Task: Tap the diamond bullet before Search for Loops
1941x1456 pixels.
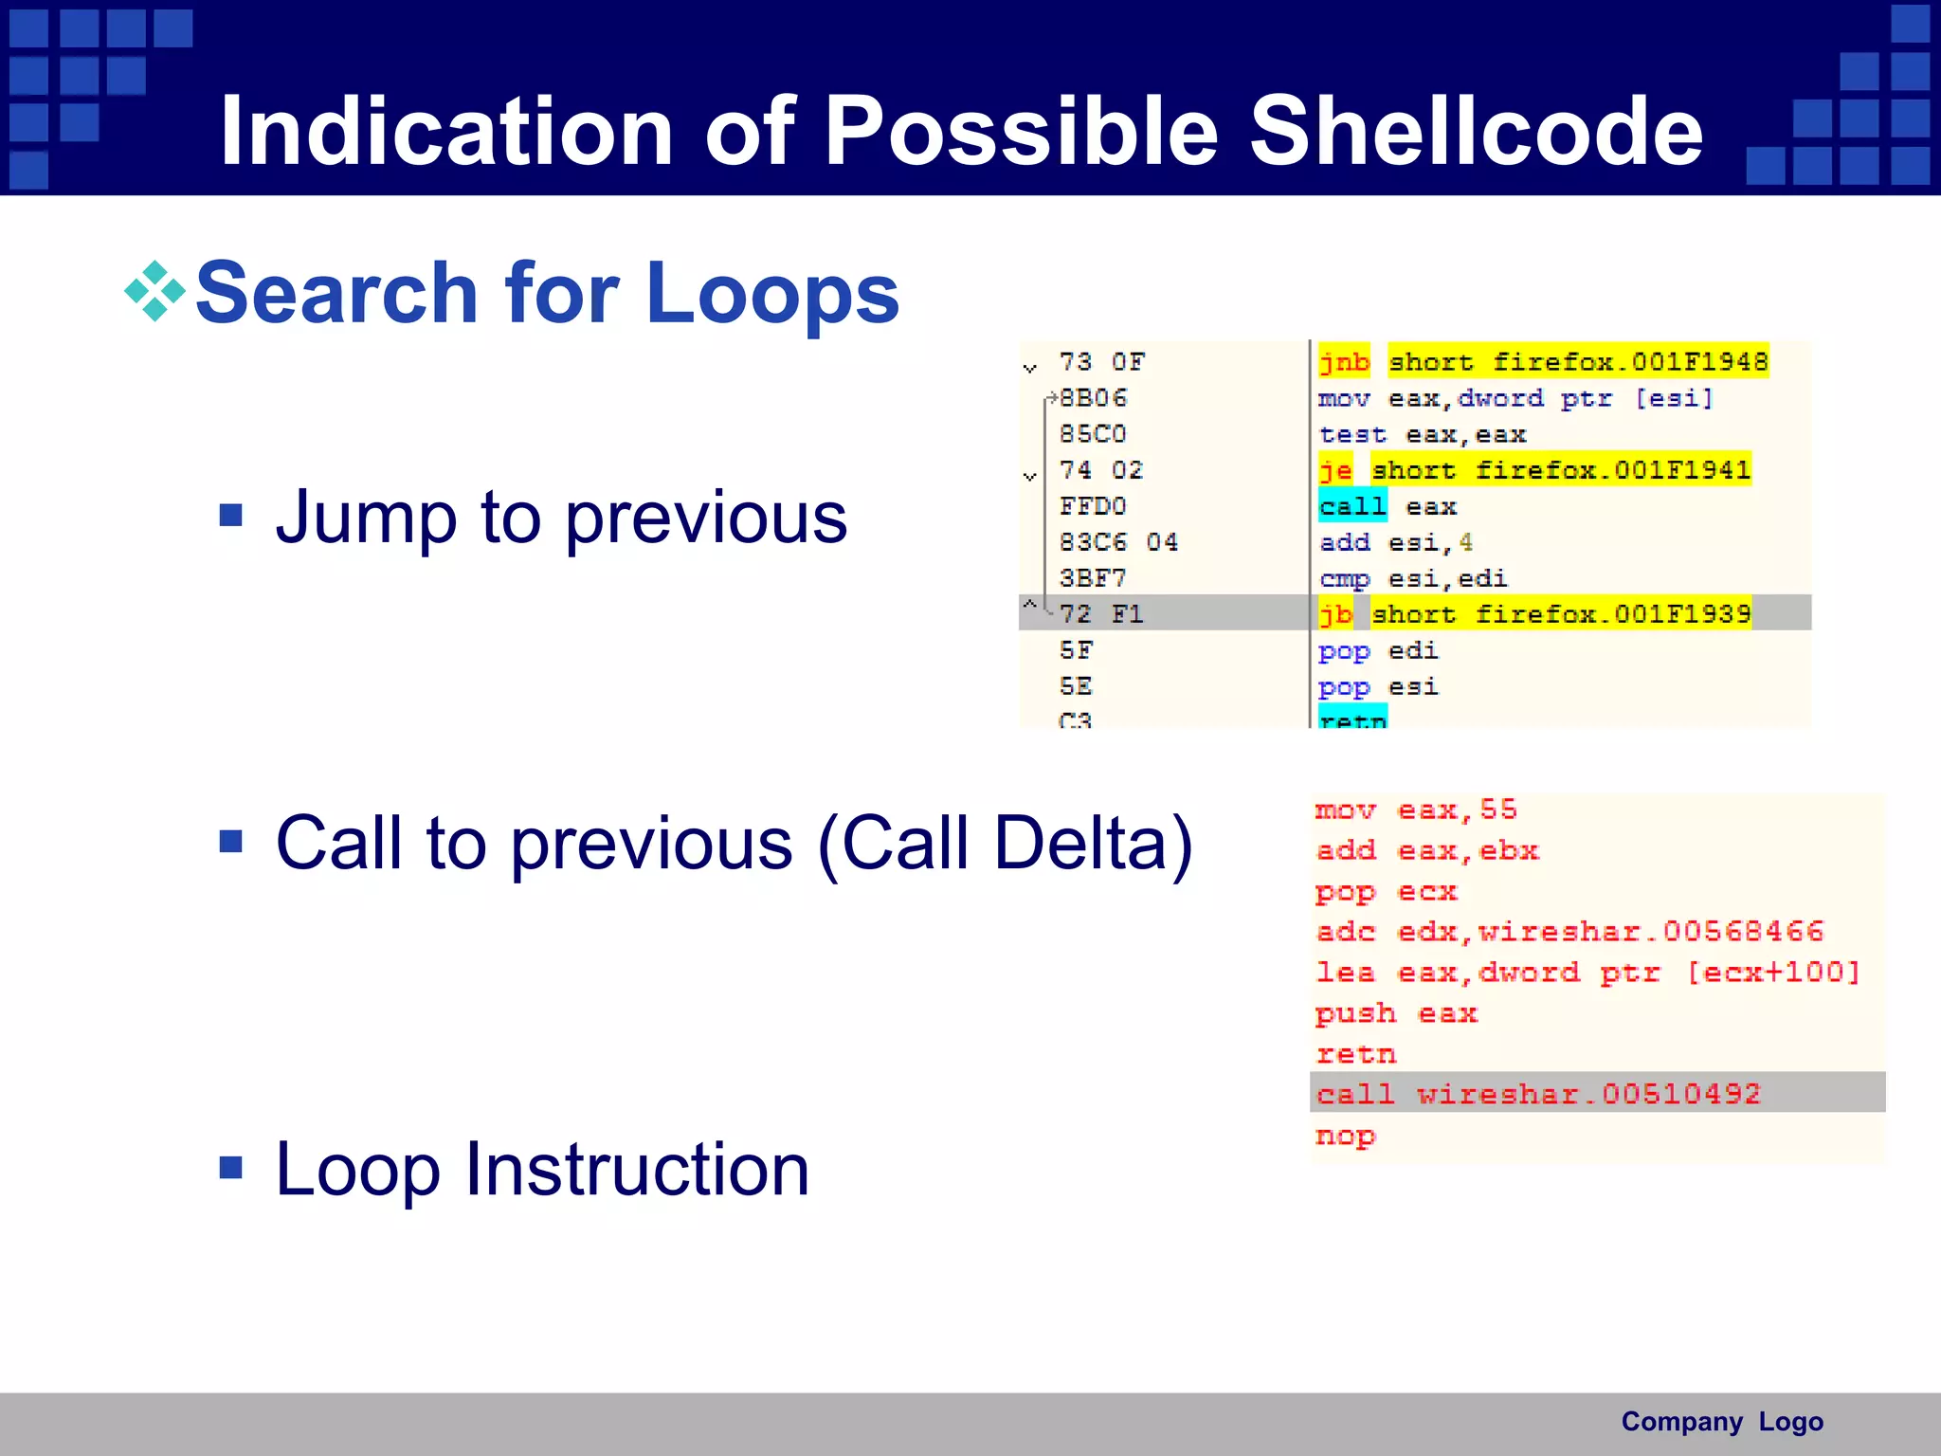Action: pos(154,291)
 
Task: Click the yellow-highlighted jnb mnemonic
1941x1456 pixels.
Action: pos(1344,362)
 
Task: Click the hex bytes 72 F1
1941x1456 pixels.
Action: pos(1100,614)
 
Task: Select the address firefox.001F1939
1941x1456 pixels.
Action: pos(1612,614)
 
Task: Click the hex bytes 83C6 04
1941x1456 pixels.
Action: pos(1117,542)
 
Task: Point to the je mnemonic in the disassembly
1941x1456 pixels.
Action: pos(1335,470)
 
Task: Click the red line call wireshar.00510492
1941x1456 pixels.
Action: pos(1537,1094)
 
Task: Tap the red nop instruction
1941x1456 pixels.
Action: pos(1345,1136)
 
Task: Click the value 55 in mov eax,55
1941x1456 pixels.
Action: pos(1498,810)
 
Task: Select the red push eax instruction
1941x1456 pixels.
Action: pos(1395,1013)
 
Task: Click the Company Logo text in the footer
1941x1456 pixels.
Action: pos(1721,1422)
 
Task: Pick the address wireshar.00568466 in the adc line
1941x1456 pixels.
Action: pos(1650,932)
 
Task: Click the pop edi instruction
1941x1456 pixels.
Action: pos(1377,651)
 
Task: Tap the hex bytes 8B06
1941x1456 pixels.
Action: pos(1093,398)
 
